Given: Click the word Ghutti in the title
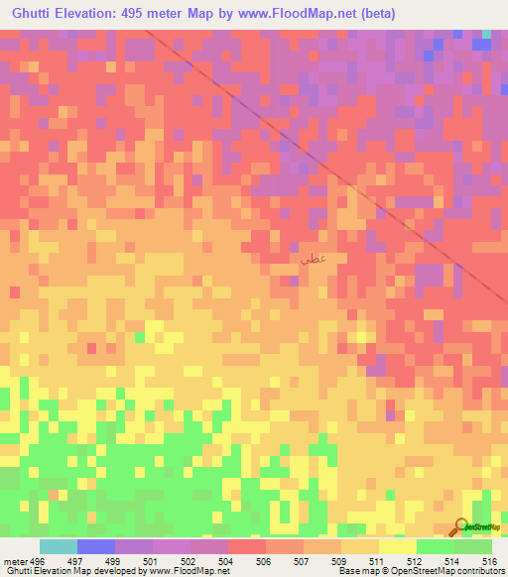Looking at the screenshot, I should [34, 14].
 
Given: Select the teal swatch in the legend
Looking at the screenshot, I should [59, 546].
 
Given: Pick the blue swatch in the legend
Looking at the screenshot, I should [96, 546].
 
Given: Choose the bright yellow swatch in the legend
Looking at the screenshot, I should [398, 546].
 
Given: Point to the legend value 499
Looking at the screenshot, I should [116, 561].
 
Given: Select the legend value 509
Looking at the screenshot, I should [342, 561].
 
